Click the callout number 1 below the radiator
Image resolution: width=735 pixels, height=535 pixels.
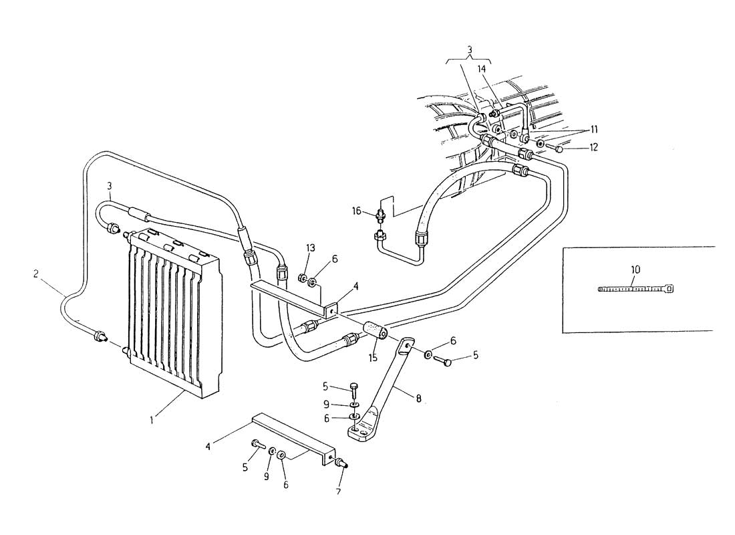click(x=152, y=421)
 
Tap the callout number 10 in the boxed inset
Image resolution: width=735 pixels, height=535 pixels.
click(x=635, y=270)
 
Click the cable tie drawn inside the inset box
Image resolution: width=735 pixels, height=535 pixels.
click(x=637, y=289)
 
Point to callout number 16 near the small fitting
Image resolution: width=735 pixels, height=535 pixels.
click(x=357, y=211)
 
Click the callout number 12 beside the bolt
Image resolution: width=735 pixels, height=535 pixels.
click(x=594, y=147)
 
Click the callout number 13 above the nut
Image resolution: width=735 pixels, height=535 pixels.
click(x=311, y=248)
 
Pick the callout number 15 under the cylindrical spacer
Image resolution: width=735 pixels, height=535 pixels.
click(x=373, y=358)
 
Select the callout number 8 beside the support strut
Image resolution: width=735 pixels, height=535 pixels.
click(x=418, y=399)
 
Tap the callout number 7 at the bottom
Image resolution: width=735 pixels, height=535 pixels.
click(x=338, y=492)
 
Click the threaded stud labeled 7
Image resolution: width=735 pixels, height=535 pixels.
click(x=341, y=463)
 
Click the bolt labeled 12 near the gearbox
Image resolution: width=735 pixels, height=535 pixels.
click(x=557, y=148)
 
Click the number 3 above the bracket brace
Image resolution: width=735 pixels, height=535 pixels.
click(x=470, y=49)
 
